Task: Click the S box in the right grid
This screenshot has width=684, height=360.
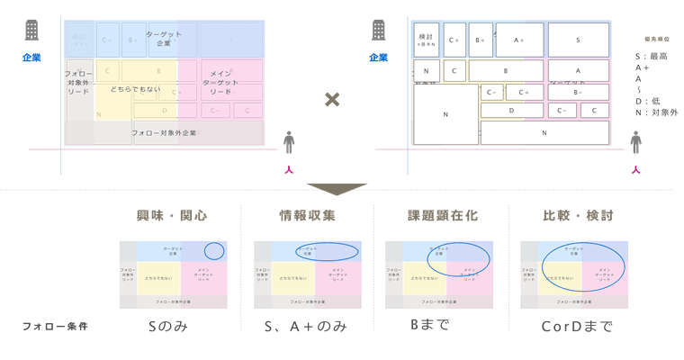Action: (578, 40)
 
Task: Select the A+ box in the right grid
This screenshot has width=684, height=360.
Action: (519, 40)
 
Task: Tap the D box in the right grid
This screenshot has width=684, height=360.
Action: (512, 111)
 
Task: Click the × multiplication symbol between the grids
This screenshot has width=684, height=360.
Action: (332, 98)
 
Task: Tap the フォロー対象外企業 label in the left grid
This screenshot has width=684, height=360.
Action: (164, 133)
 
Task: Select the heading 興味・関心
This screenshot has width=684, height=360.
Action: (171, 216)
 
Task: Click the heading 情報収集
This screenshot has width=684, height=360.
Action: (306, 216)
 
